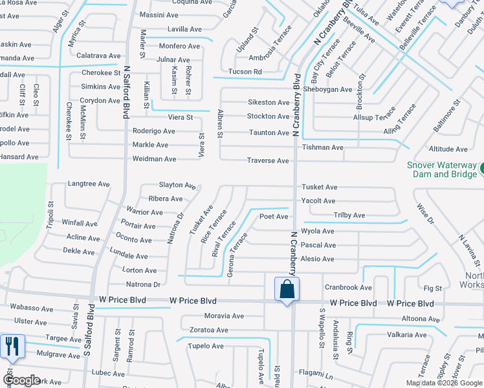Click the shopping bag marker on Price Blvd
click(x=287, y=289)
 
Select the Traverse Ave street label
click(x=267, y=160)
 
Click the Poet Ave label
click(x=274, y=217)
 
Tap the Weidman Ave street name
click(x=154, y=159)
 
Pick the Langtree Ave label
click(x=89, y=184)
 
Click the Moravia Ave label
click(x=224, y=316)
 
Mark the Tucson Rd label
click(x=245, y=72)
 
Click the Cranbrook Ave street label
click(x=348, y=287)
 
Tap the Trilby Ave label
click(x=349, y=215)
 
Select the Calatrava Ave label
click(x=99, y=56)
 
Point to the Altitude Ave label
click(x=448, y=149)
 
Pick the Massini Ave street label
click(x=159, y=15)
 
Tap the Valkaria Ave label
click(x=406, y=334)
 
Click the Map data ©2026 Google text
click(x=443, y=383)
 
